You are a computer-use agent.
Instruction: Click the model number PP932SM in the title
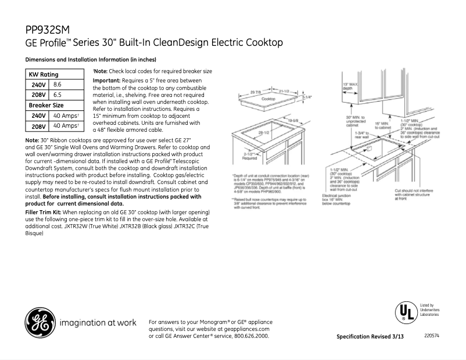49,30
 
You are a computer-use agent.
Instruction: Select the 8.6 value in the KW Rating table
58,85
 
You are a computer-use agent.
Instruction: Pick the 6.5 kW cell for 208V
58,95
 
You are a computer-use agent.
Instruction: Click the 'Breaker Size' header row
46,106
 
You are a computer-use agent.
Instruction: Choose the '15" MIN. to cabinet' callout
382,125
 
